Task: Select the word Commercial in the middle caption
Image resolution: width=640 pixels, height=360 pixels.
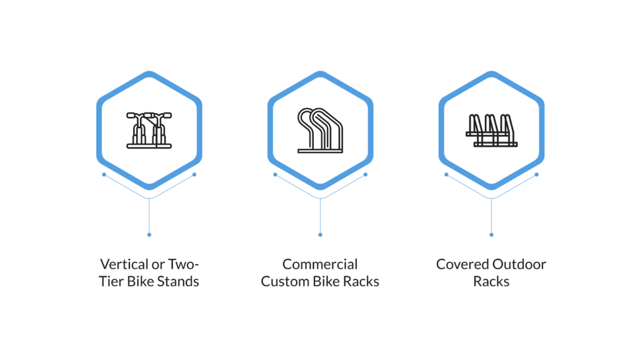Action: pyautogui.click(x=320, y=264)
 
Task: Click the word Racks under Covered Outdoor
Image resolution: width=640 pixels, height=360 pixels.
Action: pyautogui.click(x=491, y=281)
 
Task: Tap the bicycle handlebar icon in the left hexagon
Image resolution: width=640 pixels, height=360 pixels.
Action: pyautogui.click(x=149, y=130)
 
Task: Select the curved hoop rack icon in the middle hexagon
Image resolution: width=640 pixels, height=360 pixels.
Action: pyautogui.click(x=320, y=131)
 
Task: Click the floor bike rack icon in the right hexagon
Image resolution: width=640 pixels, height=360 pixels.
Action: pyautogui.click(x=491, y=131)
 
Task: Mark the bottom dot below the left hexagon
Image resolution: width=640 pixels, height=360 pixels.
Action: pyautogui.click(x=149, y=234)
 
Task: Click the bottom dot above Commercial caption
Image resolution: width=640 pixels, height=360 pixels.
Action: pyautogui.click(x=320, y=234)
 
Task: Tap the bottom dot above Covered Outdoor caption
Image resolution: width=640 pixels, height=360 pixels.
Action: pyautogui.click(x=491, y=234)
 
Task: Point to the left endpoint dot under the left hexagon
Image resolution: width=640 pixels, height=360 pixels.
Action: pyautogui.click(x=104, y=174)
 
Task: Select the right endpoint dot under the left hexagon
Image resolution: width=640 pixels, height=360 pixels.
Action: pyautogui.click(x=194, y=174)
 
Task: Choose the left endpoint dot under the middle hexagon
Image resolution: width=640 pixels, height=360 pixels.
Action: pyautogui.click(x=275, y=174)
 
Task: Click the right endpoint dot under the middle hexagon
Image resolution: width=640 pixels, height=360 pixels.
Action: pyautogui.click(x=366, y=174)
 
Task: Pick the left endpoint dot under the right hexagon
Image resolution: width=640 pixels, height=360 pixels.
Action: pyautogui.click(x=446, y=174)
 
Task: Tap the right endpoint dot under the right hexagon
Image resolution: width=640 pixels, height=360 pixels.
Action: pyautogui.click(x=537, y=174)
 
